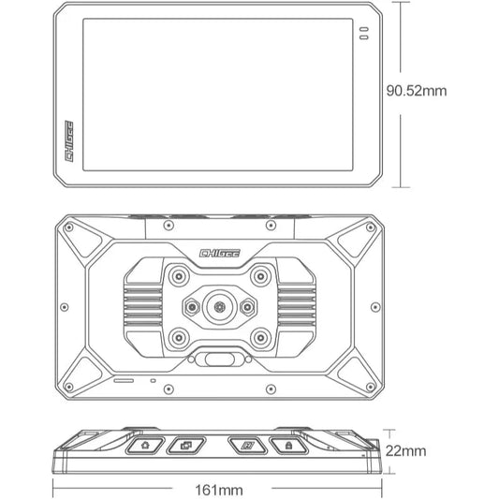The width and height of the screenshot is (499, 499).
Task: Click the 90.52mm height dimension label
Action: [x=442, y=91]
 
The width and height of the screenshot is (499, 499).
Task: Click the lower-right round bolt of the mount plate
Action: [x=261, y=337]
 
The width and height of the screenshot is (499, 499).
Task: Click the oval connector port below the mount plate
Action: [x=220, y=359]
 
